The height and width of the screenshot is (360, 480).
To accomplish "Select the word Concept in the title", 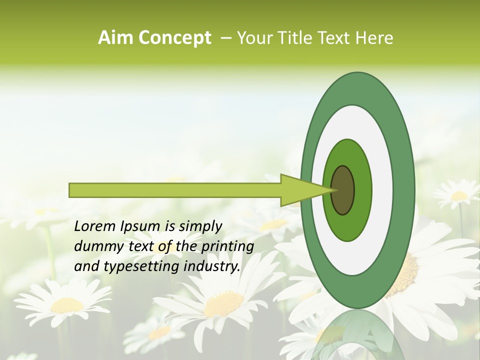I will coord(174,38).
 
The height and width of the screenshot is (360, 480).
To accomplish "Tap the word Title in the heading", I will coord(297,38).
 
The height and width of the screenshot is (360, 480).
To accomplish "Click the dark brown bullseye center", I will coord(343,190).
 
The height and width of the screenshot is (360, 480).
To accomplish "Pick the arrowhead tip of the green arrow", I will coord(333,190).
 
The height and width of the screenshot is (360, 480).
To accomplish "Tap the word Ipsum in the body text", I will coord(140,226).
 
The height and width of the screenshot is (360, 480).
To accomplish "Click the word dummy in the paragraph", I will coord(97,246).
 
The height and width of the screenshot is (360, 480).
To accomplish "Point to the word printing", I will coord(228,246).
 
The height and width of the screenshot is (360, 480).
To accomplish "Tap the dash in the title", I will coord(226,38).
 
